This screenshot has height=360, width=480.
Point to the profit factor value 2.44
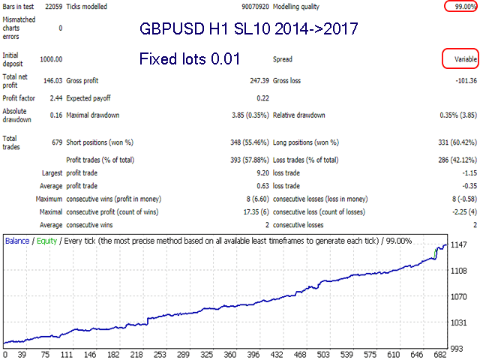pyautogui.click(x=54, y=98)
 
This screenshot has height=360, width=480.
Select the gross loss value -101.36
pyautogui.click(x=461, y=80)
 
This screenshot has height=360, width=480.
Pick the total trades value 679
pyautogui.click(x=55, y=142)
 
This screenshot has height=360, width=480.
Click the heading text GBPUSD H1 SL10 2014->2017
pyautogui.click(x=248, y=30)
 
